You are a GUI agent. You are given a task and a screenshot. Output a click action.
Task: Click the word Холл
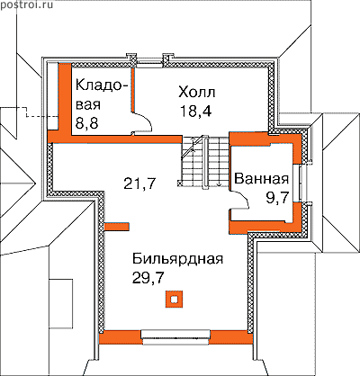[x=197, y=93]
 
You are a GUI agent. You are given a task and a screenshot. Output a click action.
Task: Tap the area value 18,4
[x=196, y=112]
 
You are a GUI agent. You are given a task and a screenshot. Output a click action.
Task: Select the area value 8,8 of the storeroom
[x=86, y=123]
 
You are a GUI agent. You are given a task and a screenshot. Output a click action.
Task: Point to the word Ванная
[x=261, y=179]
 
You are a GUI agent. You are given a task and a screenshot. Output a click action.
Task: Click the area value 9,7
[x=277, y=198]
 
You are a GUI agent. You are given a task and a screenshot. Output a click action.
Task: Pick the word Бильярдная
[x=178, y=259]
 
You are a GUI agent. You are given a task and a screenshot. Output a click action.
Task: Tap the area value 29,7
[x=148, y=278]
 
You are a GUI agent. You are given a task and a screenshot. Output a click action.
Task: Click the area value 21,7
[x=140, y=184]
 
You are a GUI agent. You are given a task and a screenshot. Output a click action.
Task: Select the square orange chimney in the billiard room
[x=174, y=299]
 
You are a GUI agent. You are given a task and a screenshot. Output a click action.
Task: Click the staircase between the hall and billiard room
[x=203, y=162]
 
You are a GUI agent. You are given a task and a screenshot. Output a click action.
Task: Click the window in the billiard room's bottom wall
[x=175, y=337]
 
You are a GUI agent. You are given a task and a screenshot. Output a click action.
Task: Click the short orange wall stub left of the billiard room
[x=117, y=227]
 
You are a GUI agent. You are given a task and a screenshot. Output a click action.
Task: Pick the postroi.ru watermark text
[x=26, y=4]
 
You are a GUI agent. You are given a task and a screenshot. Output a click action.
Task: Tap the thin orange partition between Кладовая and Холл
[x=131, y=90]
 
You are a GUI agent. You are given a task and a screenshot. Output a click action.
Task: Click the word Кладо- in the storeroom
[x=102, y=85]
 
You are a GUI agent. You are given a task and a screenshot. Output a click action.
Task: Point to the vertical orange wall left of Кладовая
[x=64, y=99]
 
